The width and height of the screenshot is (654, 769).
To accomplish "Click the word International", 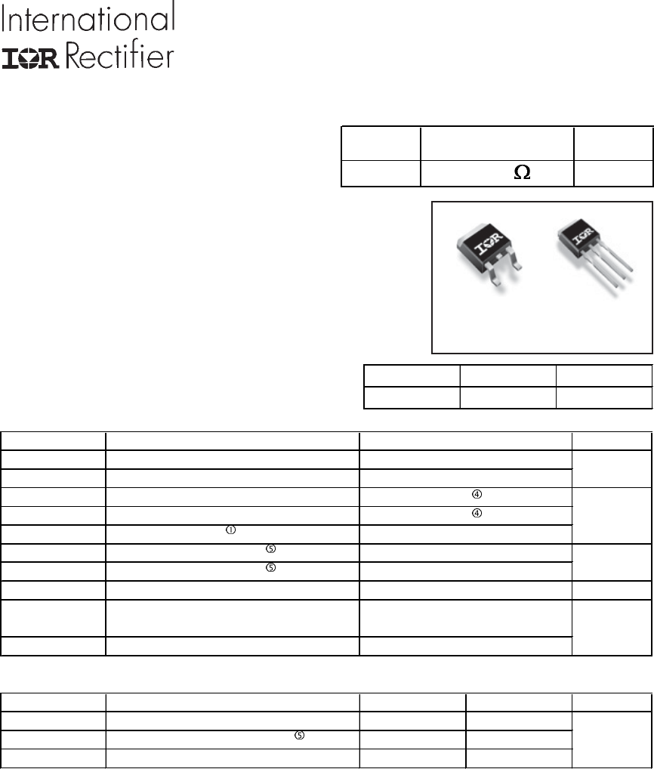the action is pos(88,17).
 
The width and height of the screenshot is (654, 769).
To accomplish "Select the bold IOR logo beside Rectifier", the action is pos(31,59).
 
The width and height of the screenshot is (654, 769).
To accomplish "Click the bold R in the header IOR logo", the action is pos(50,59).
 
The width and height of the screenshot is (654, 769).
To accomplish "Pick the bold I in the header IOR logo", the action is pos(11,59).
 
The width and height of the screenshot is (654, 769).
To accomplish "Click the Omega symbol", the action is pos(522,172).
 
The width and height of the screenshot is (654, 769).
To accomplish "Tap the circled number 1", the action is pos(230,530).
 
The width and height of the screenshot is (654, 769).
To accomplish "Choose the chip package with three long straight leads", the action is pos(594,255).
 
